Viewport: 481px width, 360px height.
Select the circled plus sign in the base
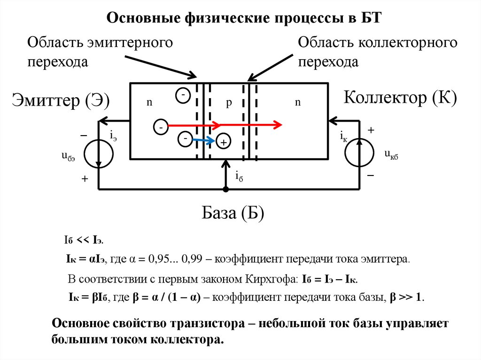click(223, 142)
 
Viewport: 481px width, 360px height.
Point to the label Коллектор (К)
click(400, 98)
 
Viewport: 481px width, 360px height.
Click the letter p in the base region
click(229, 104)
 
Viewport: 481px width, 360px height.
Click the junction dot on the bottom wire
click(226, 189)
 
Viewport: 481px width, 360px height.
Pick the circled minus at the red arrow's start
click(160, 127)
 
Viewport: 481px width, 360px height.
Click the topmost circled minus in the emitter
click(183, 95)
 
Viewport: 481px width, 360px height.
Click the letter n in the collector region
click(297, 103)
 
